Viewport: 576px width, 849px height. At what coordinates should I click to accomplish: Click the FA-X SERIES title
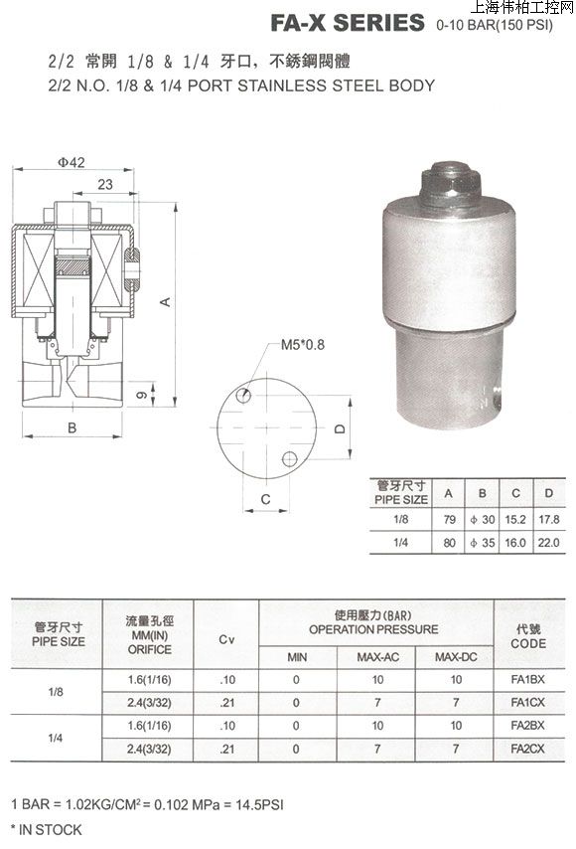coord(348,23)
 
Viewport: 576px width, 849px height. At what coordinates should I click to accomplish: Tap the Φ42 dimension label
coord(72,162)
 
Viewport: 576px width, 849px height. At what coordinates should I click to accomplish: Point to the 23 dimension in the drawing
coord(105,185)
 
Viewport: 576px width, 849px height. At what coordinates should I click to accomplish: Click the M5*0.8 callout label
coord(302,344)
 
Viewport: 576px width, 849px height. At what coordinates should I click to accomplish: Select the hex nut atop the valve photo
coord(450,185)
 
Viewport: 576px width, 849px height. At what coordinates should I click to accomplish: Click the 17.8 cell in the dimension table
coord(548,520)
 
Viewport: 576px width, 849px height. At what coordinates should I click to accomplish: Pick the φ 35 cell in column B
coord(483,543)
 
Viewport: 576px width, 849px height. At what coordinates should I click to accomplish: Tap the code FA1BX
coord(527,680)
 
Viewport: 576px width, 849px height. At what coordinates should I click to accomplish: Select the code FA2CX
coord(527,749)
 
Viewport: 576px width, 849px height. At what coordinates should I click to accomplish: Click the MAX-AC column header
coord(377,657)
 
